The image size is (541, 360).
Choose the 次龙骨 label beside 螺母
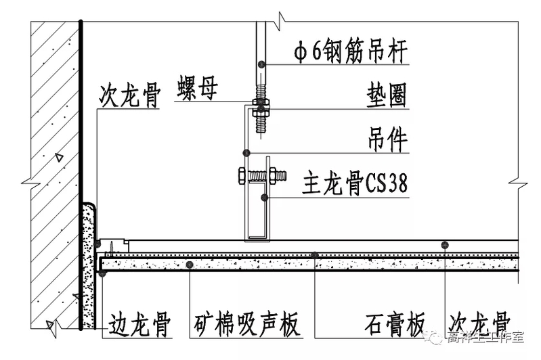pyautogui.click(x=129, y=96)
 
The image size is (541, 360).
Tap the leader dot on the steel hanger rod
pyautogui.click(x=261, y=64)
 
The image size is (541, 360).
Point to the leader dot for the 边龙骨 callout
pyautogui.click(x=101, y=274)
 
